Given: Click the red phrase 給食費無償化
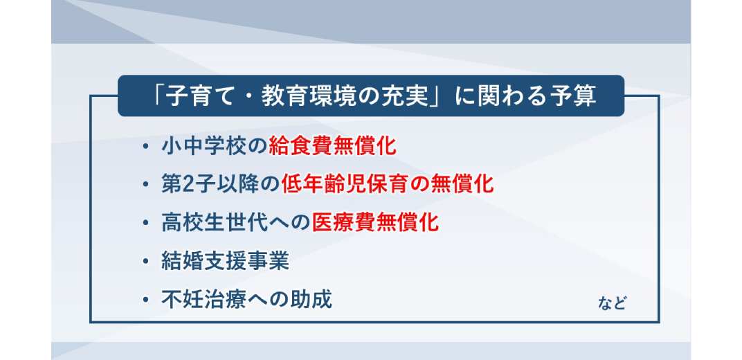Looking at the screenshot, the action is click(332, 146).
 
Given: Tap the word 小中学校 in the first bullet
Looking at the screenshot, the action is click(204, 146).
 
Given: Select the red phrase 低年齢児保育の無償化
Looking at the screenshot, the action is click(388, 184).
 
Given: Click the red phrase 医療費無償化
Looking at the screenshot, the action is click(375, 222).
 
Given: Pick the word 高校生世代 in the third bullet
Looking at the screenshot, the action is click(215, 222).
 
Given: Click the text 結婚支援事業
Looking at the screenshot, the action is click(225, 261).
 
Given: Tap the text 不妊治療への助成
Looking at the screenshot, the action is click(246, 299).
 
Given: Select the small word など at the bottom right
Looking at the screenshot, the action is click(611, 303).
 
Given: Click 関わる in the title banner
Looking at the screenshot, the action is click(509, 96).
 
